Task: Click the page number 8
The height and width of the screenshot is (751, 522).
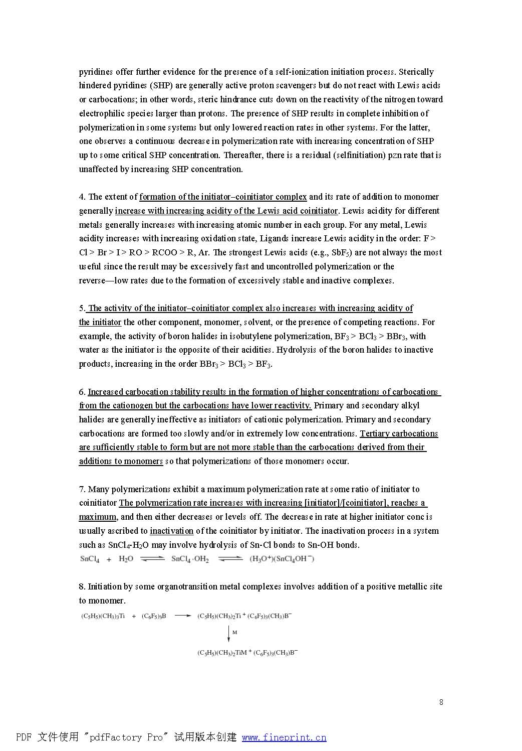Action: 441,702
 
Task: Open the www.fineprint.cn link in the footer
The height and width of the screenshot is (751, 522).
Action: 284,737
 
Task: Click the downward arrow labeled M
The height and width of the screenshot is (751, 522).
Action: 229,633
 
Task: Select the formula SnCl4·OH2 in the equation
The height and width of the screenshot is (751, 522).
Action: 190,559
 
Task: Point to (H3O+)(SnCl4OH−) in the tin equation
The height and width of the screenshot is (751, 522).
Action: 282,559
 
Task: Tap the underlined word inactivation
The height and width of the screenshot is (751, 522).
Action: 171,531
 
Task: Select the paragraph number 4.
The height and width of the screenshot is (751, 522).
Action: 82,197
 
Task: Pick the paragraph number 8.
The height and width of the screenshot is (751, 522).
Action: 82,586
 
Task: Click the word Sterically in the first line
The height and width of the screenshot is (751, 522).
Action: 416,72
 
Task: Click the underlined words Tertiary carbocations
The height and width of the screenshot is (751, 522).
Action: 399,433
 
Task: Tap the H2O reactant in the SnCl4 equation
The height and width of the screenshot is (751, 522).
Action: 126,559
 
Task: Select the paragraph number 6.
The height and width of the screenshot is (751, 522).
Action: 82,392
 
